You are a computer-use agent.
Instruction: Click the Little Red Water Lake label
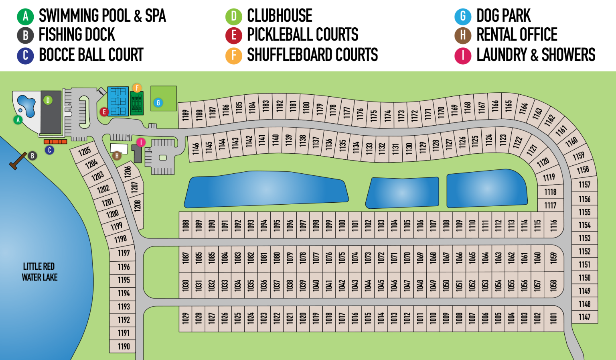click(x=39, y=272)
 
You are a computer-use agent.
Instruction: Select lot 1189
click(x=185, y=115)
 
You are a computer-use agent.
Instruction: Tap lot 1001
click(x=554, y=318)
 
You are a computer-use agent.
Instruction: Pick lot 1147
click(x=584, y=317)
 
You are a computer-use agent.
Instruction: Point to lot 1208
click(x=138, y=206)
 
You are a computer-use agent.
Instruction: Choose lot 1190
click(x=124, y=346)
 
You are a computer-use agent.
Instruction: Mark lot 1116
click(x=554, y=225)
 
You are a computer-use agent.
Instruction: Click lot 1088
click(x=186, y=225)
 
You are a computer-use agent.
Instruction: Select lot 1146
click(x=195, y=148)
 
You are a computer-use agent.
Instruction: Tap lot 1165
click(x=508, y=106)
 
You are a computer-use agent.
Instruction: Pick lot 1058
click(x=554, y=285)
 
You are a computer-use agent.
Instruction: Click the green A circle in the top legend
click(x=25, y=16)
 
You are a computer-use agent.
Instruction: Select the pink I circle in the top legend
click(x=462, y=55)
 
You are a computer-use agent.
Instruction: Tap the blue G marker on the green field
click(x=158, y=103)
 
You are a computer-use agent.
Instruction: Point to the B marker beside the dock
click(x=32, y=156)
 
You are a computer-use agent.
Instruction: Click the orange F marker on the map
click(x=137, y=88)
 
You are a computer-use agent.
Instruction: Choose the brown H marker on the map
click(x=117, y=156)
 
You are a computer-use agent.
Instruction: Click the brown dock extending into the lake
click(x=18, y=161)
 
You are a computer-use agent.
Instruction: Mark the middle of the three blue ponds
click(x=402, y=193)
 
